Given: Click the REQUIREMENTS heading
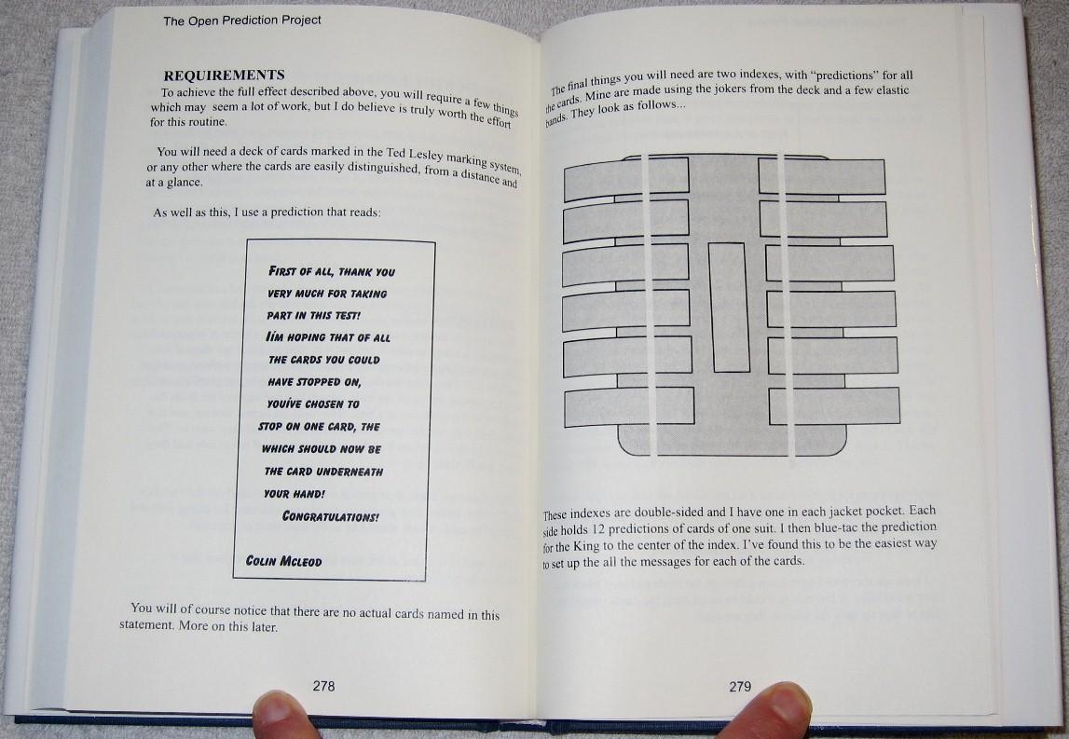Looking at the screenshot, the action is (x=224, y=75).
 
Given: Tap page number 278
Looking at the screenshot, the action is (x=323, y=686).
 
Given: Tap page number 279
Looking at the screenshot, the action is (x=740, y=687).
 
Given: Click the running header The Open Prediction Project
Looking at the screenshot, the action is (x=242, y=21).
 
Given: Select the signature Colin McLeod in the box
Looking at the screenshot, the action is (x=283, y=561).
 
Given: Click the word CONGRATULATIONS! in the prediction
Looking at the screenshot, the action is (x=331, y=516).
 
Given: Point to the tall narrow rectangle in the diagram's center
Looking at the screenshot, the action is (x=729, y=308).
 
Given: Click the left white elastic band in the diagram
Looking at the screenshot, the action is (x=648, y=307).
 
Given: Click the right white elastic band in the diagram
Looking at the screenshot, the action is (x=785, y=308).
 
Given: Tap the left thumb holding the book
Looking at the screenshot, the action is (x=282, y=715).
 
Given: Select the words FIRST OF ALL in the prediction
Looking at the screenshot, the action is (x=301, y=271).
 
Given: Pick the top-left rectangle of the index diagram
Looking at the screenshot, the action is (x=626, y=179).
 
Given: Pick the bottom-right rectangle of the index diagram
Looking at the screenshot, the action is (x=834, y=405).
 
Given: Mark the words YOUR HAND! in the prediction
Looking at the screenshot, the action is (x=295, y=494).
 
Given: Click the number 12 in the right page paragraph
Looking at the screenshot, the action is (x=597, y=529).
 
